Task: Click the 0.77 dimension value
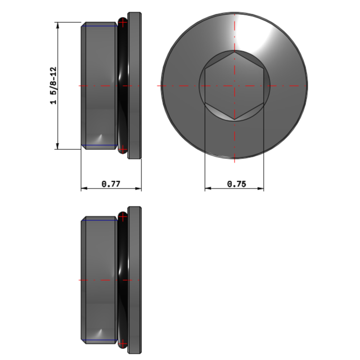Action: [111, 184]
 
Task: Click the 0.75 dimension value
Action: [237, 184]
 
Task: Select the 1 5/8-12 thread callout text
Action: [53, 86]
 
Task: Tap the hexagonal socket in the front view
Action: [235, 86]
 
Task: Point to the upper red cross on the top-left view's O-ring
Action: [123, 22]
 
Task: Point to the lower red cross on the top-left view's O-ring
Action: [123, 149]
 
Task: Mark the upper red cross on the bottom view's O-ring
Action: [123, 217]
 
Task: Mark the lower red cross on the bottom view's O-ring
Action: [123, 344]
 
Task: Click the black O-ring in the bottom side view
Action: [123, 280]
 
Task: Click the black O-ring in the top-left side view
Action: [123, 86]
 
